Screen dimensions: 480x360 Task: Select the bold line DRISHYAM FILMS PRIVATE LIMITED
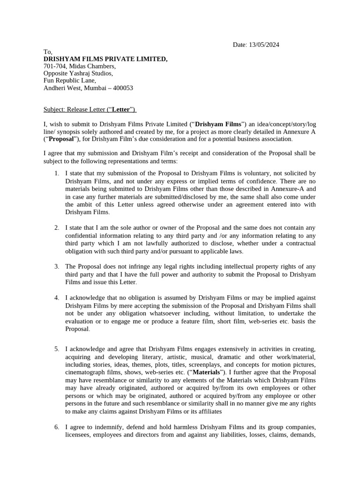[105, 59]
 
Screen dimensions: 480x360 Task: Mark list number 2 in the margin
[56, 228]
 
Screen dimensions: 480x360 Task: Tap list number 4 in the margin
[56, 298]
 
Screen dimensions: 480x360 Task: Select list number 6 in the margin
[56, 427]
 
